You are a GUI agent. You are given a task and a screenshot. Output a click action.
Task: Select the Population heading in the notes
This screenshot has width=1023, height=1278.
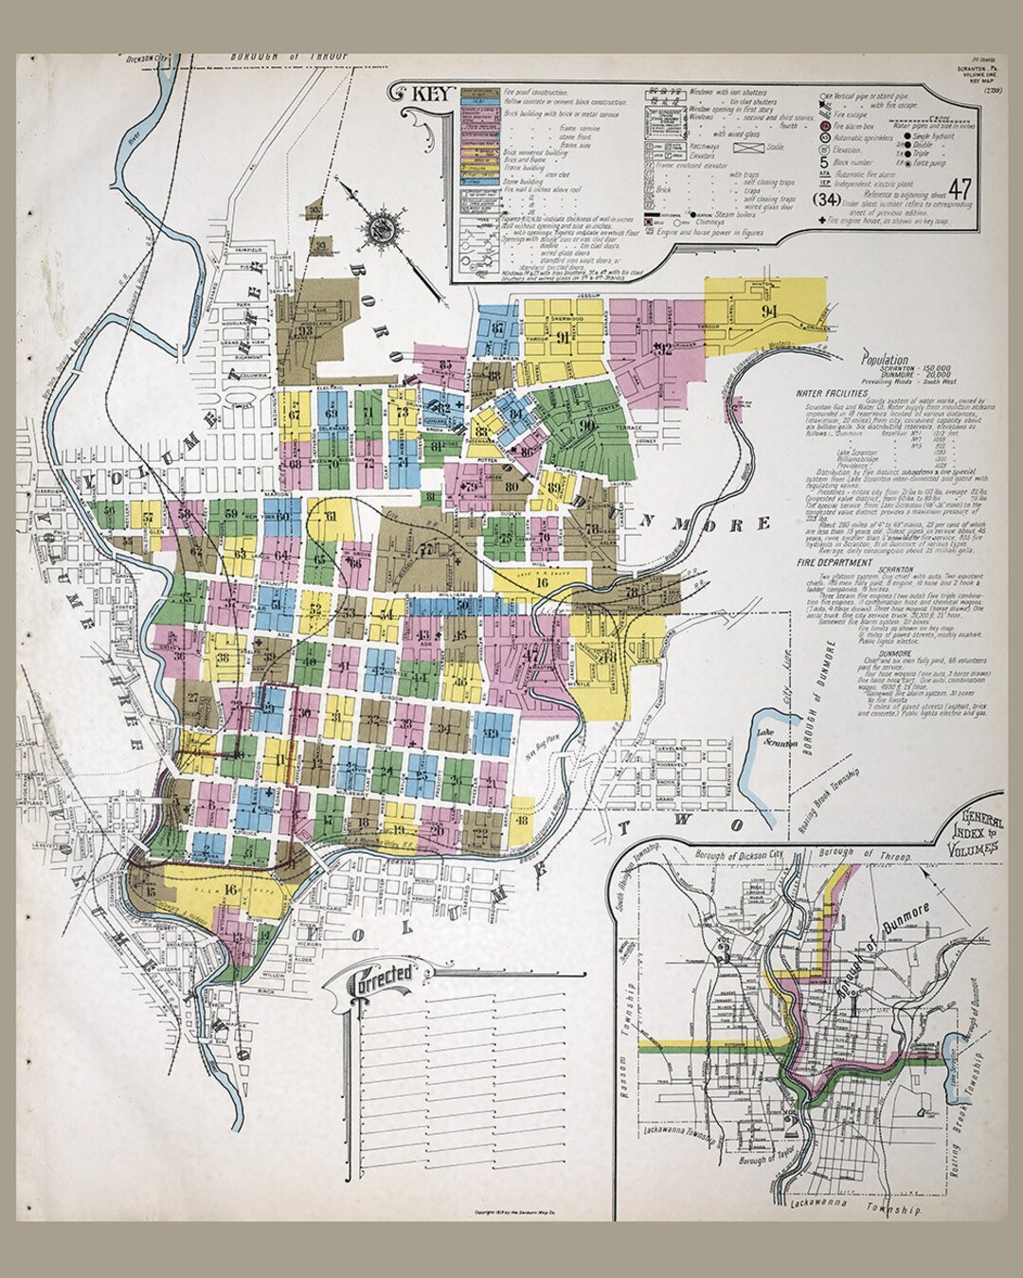click(886, 361)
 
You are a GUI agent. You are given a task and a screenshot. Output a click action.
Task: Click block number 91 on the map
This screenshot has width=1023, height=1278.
click(563, 338)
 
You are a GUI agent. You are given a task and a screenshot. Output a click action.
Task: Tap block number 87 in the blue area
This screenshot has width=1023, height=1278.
click(498, 328)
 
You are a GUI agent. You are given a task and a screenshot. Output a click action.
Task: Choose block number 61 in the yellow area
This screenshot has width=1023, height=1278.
click(331, 516)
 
